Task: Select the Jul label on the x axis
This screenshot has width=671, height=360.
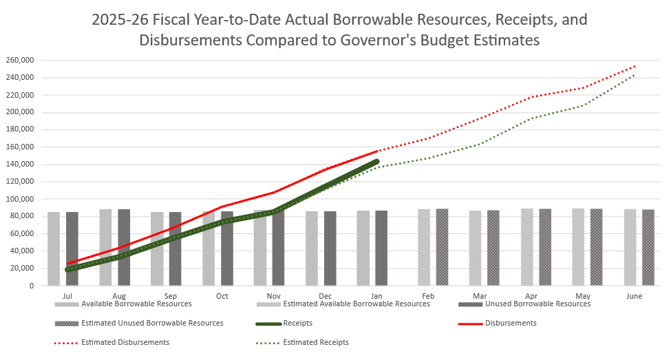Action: coord(67,296)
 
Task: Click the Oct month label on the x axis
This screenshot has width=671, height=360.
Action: coord(222,296)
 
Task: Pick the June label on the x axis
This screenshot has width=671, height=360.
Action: coord(635,296)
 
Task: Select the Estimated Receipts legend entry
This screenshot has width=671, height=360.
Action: coord(316,342)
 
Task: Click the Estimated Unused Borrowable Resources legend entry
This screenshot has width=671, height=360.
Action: coord(152,322)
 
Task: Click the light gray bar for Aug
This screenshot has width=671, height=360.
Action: coord(105,247)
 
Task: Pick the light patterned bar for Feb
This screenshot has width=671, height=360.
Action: coord(424,247)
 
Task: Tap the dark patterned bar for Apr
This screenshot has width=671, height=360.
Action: coord(545,247)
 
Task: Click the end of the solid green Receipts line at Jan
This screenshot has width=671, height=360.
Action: coord(376,161)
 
